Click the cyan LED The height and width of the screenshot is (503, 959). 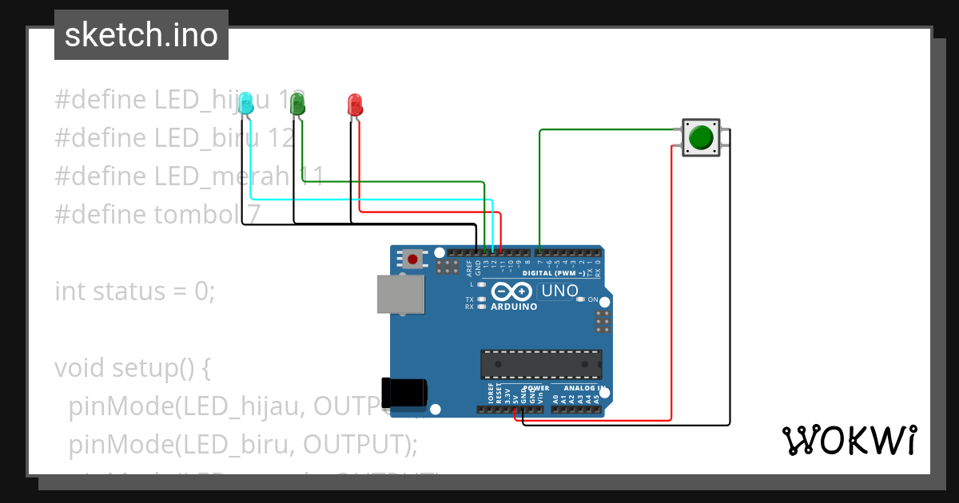[247, 102]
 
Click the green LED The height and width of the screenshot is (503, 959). [297, 103]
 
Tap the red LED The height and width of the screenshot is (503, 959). [355, 104]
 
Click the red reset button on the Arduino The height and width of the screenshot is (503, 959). [412, 259]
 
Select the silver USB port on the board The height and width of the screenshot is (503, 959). [401, 295]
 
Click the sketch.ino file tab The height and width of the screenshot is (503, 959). [141, 35]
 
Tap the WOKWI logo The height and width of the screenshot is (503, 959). [849, 441]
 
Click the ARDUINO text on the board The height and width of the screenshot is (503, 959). [514, 307]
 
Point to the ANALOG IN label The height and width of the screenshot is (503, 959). [579, 387]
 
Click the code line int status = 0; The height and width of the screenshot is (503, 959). [135, 291]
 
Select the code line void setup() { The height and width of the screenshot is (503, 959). [133, 368]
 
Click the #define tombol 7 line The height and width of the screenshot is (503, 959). [157, 214]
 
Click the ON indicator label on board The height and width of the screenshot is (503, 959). [593, 300]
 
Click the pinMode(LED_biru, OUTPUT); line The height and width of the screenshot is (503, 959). [244, 444]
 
